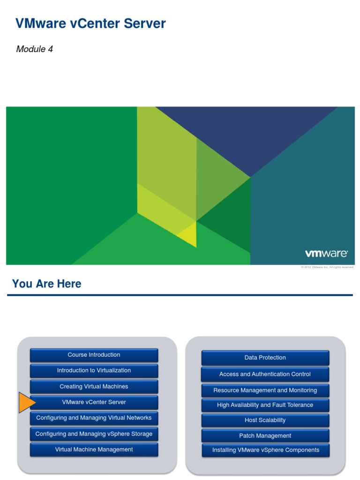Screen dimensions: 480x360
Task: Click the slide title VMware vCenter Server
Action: [90, 23]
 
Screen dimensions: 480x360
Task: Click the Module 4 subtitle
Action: [35, 49]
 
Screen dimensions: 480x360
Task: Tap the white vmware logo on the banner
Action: [326, 254]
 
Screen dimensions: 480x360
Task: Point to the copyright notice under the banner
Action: [327, 267]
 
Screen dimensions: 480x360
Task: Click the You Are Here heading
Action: [46, 284]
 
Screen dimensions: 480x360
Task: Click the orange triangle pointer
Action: [27, 403]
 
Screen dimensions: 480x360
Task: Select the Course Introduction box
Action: [94, 355]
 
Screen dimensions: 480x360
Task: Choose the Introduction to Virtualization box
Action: [94, 370]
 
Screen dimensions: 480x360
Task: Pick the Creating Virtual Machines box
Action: [94, 387]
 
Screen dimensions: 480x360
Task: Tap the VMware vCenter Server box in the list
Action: [94, 402]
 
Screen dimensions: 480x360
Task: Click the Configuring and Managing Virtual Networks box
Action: [94, 418]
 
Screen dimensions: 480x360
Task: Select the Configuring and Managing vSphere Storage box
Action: [94, 434]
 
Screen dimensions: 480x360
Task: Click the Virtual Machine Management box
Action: [94, 450]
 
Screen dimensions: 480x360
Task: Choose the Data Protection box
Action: [265, 358]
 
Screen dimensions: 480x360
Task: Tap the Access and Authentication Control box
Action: [265, 374]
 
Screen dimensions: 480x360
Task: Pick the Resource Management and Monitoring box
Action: [265, 390]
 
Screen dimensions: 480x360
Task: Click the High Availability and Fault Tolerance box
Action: [265, 405]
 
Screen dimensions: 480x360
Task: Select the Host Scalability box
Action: [265, 420]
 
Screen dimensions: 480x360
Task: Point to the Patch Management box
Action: [265, 435]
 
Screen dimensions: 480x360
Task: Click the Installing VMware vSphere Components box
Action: [265, 450]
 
